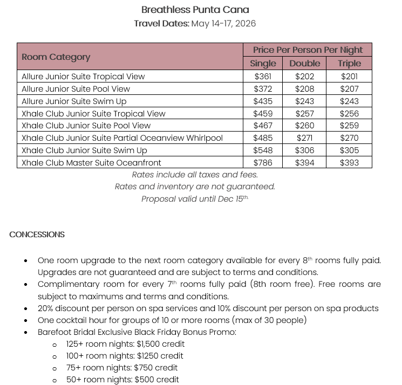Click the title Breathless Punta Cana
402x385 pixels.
point(195,10)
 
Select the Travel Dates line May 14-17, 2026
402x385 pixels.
point(195,24)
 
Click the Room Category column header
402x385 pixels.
point(56,57)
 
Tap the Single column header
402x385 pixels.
point(263,63)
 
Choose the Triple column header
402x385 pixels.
point(349,63)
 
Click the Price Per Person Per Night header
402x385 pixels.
point(308,50)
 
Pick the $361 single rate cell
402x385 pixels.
point(263,77)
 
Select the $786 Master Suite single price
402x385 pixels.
point(263,162)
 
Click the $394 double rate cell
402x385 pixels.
point(305,162)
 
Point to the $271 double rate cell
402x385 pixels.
point(305,138)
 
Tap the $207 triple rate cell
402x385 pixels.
point(349,89)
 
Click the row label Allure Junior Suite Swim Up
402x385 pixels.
point(76,101)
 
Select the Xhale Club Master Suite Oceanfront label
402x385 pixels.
point(91,162)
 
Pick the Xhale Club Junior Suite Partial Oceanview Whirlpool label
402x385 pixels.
point(122,138)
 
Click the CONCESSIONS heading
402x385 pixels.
point(37,235)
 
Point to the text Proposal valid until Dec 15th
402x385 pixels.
point(195,199)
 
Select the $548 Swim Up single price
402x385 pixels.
point(263,150)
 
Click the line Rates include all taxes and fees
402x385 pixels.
point(195,175)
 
